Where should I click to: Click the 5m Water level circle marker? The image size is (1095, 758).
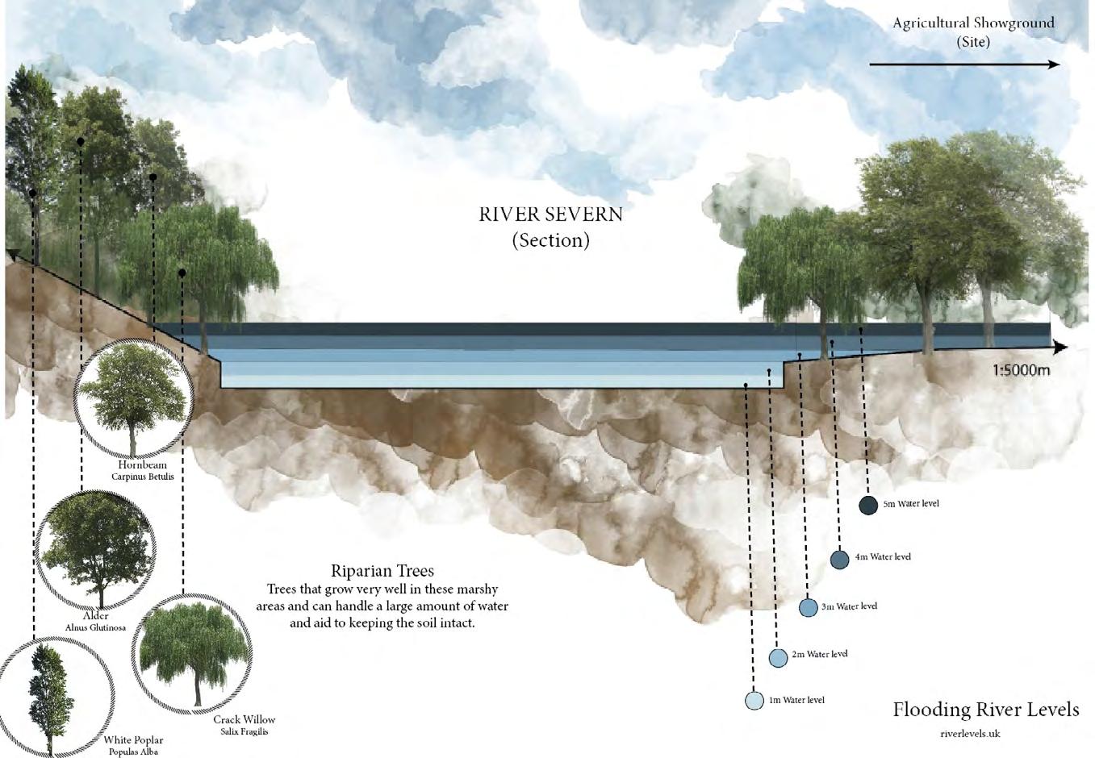(x=868, y=506)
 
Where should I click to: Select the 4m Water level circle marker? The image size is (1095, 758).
(x=840, y=559)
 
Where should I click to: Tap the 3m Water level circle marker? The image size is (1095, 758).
(x=809, y=607)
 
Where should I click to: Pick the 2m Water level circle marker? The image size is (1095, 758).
(x=778, y=657)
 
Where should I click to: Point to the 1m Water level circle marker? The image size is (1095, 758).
(x=754, y=700)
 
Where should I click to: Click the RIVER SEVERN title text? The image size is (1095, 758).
(x=551, y=214)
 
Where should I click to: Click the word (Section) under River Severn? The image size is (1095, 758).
(x=551, y=240)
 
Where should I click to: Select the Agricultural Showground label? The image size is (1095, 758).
(x=973, y=23)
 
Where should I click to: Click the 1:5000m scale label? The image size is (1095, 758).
(x=1021, y=371)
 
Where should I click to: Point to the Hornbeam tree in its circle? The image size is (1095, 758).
(x=132, y=398)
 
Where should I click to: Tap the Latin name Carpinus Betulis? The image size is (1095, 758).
(x=143, y=477)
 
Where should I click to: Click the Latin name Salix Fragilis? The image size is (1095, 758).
(x=244, y=731)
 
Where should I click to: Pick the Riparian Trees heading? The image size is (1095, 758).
(x=382, y=571)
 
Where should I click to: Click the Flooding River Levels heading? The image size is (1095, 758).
(x=985, y=710)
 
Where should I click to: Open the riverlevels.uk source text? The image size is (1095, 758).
(x=970, y=734)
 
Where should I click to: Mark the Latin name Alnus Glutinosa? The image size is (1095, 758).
(x=95, y=627)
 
